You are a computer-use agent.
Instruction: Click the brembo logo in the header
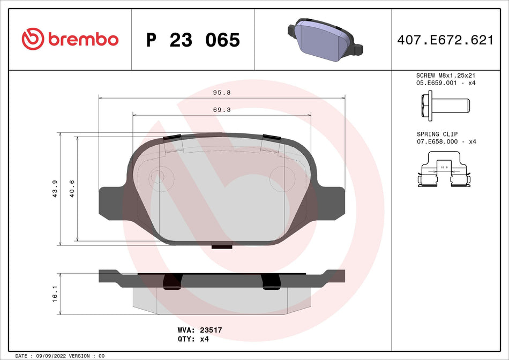click(70, 39)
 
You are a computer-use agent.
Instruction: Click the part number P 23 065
click(193, 40)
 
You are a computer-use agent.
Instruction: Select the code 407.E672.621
click(445, 40)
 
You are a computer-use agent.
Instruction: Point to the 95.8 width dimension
click(222, 92)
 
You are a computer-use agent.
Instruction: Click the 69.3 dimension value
click(221, 109)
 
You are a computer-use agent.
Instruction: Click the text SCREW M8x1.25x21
click(446, 76)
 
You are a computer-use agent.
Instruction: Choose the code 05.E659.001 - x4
click(446, 84)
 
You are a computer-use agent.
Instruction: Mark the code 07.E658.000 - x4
click(446, 141)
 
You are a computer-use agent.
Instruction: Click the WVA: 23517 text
click(199, 331)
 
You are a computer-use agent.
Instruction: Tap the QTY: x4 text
click(192, 339)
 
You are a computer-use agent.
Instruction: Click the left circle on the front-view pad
click(158, 176)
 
